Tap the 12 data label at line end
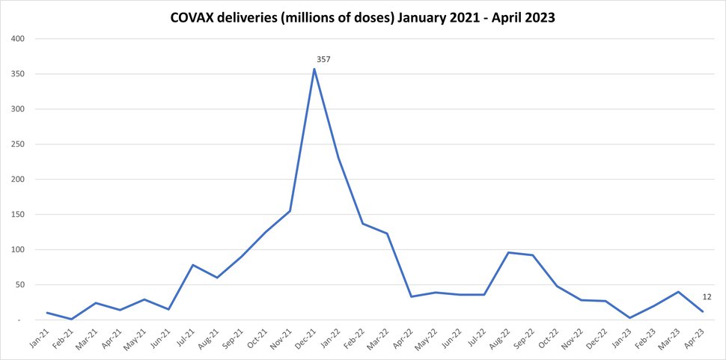[707, 297]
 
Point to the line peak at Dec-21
[314, 69]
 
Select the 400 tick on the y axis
[17, 39]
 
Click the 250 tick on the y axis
[17, 144]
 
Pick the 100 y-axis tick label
[17, 250]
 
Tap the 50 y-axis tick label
[19, 285]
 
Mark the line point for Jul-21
[193, 265]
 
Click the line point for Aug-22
[509, 252]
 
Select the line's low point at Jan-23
[630, 318]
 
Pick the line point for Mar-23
[679, 292]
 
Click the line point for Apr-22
[412, 296]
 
